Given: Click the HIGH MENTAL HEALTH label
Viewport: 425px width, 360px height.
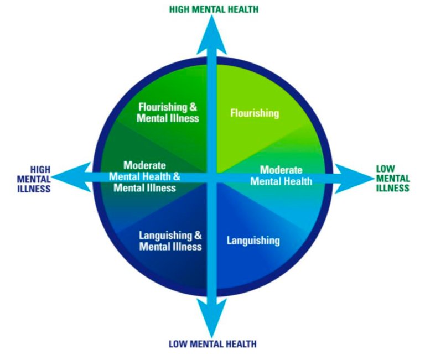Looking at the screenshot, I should click(214, 9).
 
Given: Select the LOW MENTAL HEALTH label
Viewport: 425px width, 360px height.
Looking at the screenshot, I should click(212, 343).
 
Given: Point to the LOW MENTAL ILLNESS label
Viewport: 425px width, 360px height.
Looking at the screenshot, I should click(393, 179).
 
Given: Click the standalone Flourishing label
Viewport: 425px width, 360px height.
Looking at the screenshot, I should click(255, 113).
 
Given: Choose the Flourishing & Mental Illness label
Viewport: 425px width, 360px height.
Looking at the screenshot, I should click(168, 112).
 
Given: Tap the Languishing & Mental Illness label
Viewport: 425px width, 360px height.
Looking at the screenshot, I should click(170, 241).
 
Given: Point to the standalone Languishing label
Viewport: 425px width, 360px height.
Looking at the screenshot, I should click(253, 241).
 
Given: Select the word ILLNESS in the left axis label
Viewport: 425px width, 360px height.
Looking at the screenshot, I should click(34, 189).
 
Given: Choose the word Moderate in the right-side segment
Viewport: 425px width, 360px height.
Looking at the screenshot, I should click(281, 170).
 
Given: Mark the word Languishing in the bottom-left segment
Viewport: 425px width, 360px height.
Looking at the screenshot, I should click(165, 236).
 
